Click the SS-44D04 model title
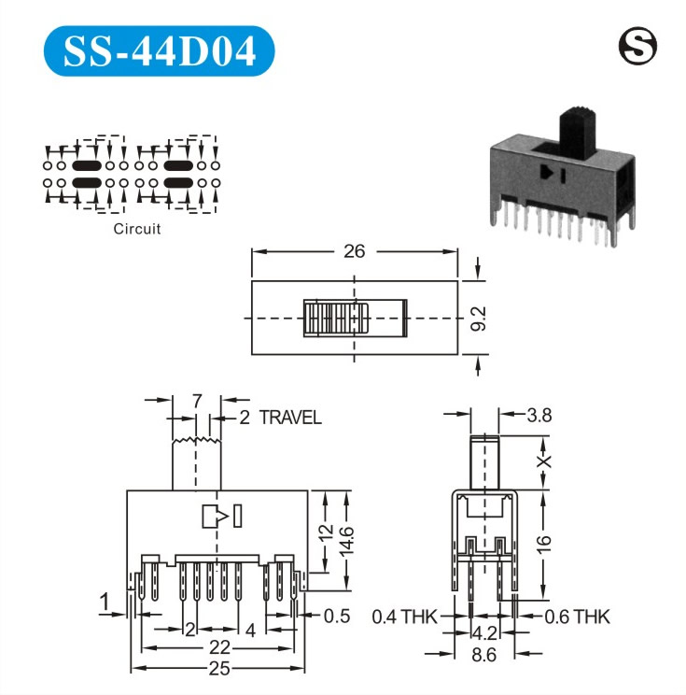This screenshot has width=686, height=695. click(x=160, y=51)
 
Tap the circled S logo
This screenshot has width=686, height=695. click(x=637, y=46)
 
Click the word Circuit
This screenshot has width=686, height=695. click(x=137, y=229)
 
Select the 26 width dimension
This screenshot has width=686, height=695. click(x=355, y=251)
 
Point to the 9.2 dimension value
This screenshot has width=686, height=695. click(x=478, y=319)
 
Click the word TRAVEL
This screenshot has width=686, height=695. click(x=290, y=418)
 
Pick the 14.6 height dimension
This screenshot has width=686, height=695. click(x=346, y=541)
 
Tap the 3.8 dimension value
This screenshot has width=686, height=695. click(x=539, y=416)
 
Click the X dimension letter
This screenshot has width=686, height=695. click(x=544, y=461)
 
